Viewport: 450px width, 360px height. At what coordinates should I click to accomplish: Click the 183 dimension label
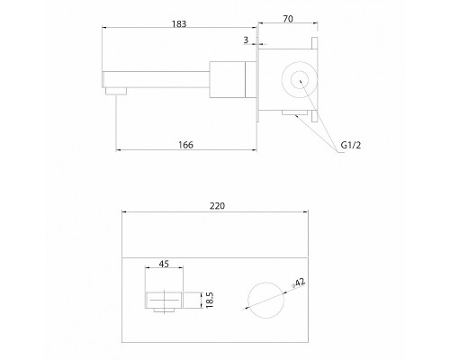(179, 24)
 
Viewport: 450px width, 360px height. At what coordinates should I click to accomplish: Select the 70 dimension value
(288, 19)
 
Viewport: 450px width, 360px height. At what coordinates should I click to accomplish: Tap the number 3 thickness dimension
(246, 40)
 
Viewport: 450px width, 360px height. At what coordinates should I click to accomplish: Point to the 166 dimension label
(185, 145)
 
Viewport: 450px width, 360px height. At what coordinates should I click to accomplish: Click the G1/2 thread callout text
(351, 145)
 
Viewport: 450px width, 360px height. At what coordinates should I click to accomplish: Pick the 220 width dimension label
(217, 206)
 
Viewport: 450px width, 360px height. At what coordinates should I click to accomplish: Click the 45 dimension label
(164, 264)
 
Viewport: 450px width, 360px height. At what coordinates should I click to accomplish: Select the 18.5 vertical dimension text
(210, 300)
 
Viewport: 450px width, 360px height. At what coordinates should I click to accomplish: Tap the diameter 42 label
(299, 283)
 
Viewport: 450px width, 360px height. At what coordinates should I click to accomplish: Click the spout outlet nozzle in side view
(116, 91)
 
